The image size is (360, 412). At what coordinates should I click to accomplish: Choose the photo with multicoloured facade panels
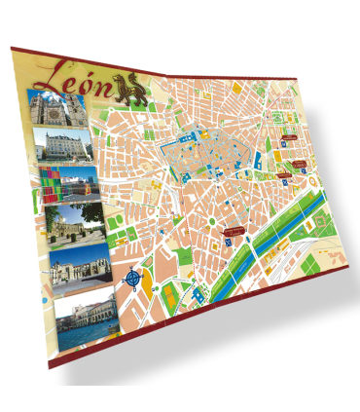pyautogui.click(x=69, y=184)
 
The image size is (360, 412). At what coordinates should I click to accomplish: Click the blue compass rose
pyautogui.click(x=133, y=279)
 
